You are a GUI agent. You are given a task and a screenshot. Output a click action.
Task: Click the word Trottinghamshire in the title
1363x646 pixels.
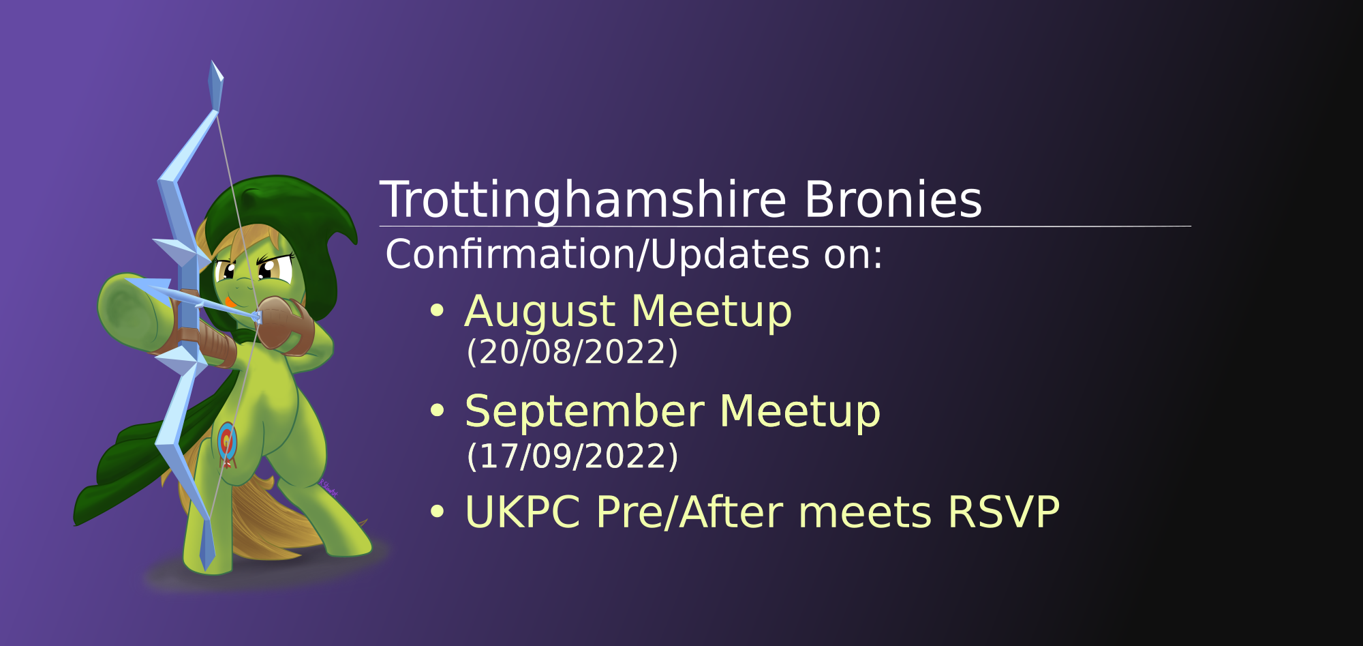[x=583, y=201]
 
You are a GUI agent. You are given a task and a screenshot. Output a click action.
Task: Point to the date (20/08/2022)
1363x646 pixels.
[x=572, y=352]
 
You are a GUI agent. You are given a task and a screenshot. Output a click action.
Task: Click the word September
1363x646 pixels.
[x=584, y=413]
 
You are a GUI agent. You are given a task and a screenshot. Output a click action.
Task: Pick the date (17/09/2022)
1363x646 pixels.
[x=572, y=456]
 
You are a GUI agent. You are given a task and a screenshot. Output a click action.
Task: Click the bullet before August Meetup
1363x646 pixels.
[x=437, y=311]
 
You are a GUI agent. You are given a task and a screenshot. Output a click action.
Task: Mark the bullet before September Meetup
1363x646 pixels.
[x=437, y=411]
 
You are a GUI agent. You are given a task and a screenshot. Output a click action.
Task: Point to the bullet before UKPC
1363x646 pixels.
[x=437, y=512]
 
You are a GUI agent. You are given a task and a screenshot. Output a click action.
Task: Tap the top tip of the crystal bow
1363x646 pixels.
[x=212, y=61]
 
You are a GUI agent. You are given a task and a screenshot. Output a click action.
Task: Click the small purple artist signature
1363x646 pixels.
[x=328, y=488]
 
